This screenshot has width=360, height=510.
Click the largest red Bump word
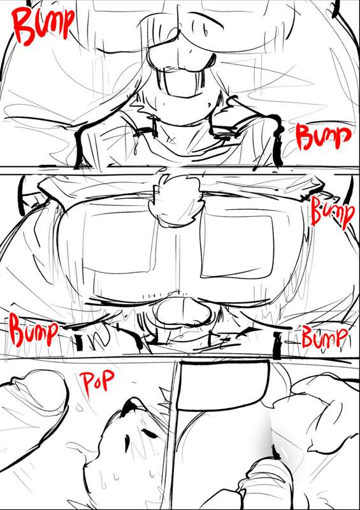(x=41, y=25)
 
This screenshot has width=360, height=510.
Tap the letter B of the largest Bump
(x=24, y=25)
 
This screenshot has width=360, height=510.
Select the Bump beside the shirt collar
(x=323, y=137)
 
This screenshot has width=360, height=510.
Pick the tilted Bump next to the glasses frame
(x=332, y=211)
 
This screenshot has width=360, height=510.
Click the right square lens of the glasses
(x=237, y=246)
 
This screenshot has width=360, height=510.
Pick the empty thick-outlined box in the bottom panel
(x=224, y=386)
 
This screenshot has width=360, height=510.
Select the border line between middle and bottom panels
(x=180, y=358)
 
